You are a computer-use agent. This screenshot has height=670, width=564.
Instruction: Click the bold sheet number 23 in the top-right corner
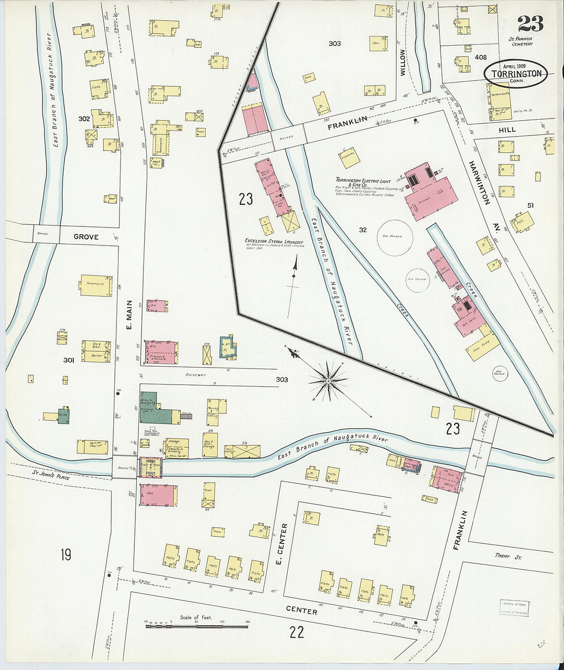tap(530, 23)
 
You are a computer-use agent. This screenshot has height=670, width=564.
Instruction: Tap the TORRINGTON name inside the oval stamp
tap(516, 73)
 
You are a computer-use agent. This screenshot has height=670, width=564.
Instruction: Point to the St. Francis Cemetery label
tap(521, 41)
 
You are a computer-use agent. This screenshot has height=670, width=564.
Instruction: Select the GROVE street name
tap(86, 237)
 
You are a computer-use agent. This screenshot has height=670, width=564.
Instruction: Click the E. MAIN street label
tap(129, 315)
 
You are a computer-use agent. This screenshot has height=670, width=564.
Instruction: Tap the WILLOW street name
tap(402, 62)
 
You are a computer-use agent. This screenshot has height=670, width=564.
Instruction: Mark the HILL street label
tap(507, 130)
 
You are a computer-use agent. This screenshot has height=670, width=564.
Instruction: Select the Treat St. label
tap(508, 556)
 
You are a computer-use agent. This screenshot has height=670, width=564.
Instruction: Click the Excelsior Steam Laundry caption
tap(274, 242)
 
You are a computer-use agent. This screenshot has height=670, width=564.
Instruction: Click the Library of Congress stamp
tap(514, 608)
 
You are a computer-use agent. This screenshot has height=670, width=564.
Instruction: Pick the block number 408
tap(480, 58)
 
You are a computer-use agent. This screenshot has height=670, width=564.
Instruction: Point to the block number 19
tap(66, 554)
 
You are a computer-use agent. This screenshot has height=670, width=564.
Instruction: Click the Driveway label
tap(195, 375)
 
